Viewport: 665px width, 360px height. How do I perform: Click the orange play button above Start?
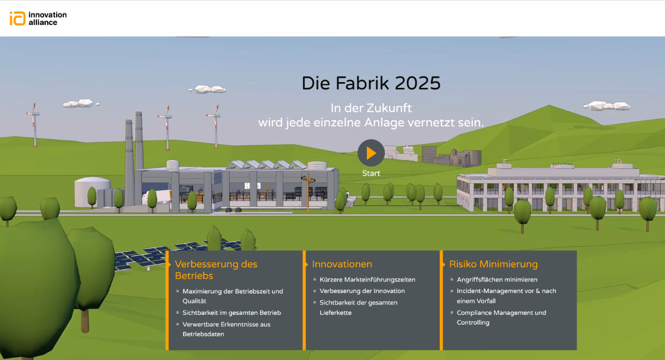[x=371, y=153]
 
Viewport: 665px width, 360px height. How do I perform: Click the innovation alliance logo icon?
[x=18, y=18]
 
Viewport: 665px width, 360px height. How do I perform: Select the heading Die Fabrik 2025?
[x=371, y=83]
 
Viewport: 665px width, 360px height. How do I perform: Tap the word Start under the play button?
[x=371, y=174]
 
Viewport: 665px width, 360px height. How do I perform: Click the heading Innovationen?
[x=342, y=264]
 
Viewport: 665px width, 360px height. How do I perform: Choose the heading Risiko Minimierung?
[x=493, y=264]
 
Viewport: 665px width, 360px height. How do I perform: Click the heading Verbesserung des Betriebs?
[x=216, y=270]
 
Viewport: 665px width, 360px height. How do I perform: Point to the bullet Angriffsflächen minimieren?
[x=497, y=279]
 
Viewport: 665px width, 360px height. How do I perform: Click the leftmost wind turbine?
[x=34, y=125]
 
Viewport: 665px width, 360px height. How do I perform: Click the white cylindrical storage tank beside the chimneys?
[x=92, y=192]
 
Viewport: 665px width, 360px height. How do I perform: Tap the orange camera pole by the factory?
[x=308, y=193]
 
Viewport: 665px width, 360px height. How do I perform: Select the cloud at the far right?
[x=606, y=105]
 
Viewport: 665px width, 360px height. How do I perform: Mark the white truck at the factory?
[x=157, y=197]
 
